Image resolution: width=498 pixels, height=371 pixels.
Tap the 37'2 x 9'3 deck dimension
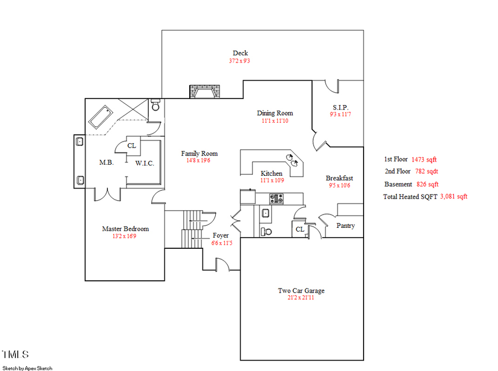coord(240,61)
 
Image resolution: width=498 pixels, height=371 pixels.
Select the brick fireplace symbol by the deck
coord(204,91)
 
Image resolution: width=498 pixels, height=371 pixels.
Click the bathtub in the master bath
coord(101,118)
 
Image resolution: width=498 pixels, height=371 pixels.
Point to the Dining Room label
coord(274,113)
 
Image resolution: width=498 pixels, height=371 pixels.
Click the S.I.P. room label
coord(340,107)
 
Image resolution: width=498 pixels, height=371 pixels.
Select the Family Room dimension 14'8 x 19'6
coord(199,161)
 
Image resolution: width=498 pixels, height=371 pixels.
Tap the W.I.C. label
coord(144,163)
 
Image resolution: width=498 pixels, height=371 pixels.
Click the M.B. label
coord(106,163)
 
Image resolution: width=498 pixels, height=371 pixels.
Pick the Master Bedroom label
coord(125,229)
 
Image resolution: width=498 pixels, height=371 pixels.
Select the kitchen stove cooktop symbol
coord(276,198)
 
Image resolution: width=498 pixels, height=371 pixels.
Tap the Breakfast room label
coord(339,178)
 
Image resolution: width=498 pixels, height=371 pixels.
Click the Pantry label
coord(345,226)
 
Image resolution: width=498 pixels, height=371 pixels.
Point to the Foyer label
coord(220,236)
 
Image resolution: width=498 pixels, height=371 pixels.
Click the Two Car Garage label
coord(301,291)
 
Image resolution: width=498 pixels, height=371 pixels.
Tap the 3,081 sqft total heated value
coord(453,196)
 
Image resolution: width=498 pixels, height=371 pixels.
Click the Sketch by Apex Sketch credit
coord(27,368)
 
